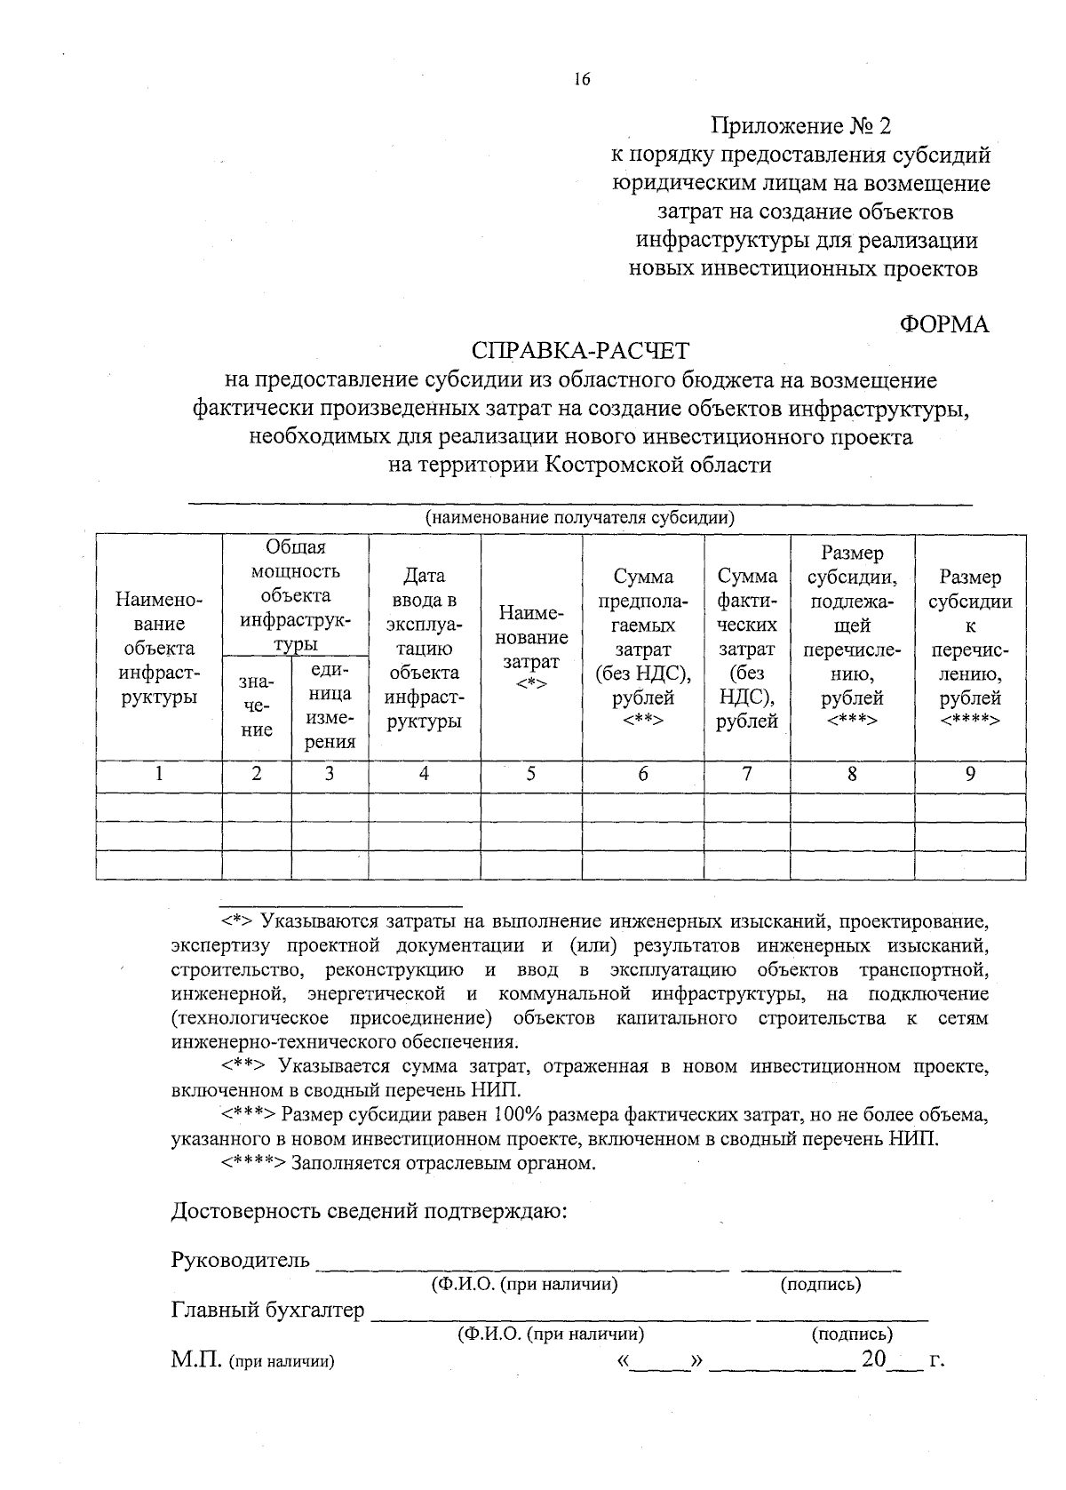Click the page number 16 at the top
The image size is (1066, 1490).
[x=582, y=80]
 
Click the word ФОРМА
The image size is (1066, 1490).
[x=944, y=324]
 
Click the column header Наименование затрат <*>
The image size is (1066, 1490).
[x=531, y=649]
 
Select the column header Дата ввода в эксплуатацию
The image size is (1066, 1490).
[x=424, y=649]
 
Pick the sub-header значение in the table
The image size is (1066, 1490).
[x=257, y=706]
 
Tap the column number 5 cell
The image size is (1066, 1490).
[x=530, y=774]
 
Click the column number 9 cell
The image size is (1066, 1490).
[x=970, y=774]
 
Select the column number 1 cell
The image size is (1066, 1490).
[x=159, y=774]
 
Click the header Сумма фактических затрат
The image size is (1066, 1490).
[x=746, y=649]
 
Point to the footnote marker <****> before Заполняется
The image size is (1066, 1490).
[x=253, y=1163]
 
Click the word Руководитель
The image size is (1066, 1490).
[x=241, y=1260]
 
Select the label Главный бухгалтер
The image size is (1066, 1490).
[x=267, y=1310]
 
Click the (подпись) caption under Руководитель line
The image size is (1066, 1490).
[x=820, y=1284]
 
